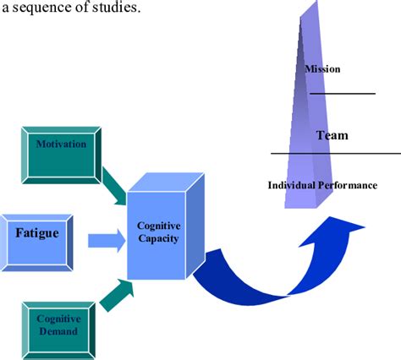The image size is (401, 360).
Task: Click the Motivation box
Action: point(62,155)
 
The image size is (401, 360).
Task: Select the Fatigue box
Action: point(36,243)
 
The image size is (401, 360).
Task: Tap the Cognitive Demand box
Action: point(58,330)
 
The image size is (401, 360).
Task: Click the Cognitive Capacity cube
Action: point(166,226)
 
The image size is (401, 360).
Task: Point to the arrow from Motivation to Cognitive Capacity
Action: point(114,187)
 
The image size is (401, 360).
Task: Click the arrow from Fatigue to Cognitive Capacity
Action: point(107,241)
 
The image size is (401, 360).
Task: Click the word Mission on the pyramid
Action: point(322,69)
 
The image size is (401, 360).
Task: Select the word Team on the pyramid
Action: point(332,135)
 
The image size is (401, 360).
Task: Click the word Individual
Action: point(291,185)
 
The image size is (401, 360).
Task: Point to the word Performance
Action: point(348,185)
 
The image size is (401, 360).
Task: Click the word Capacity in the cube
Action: point(158,238)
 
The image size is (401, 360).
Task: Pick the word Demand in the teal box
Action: point(58,331)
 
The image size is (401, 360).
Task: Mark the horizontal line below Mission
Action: point(343,94)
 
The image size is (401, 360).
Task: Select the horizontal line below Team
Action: point(336,154)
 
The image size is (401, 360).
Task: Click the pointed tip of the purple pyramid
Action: point(317,1)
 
